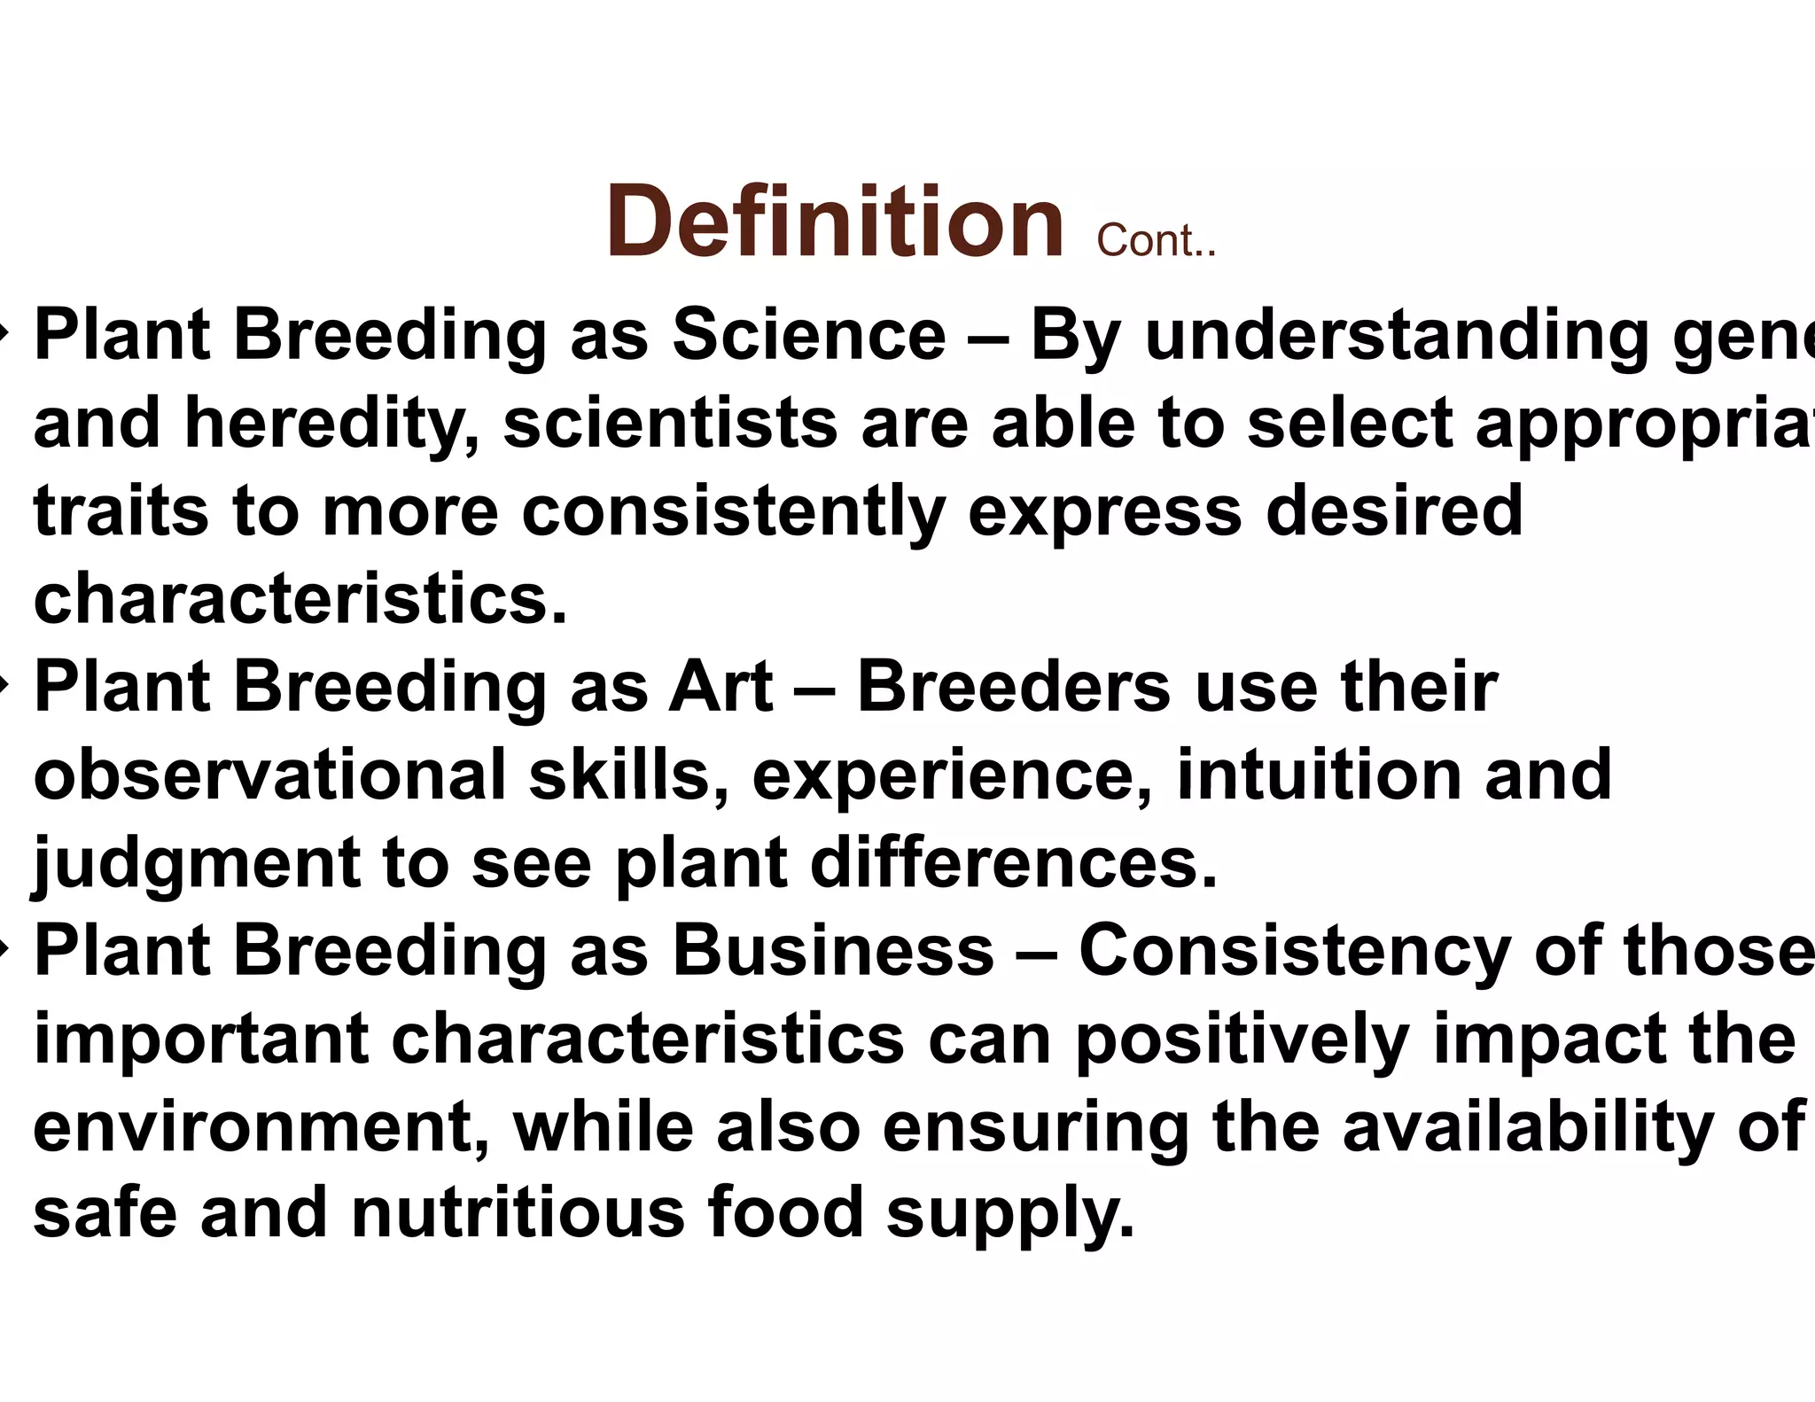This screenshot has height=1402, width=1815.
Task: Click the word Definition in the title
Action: pyautogui.click(x=834, y=222)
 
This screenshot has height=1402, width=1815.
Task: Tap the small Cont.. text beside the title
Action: pyautogui.click(x=1156, y=241)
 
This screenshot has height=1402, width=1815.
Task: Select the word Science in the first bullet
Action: pyautogui.click(x=808, y=336)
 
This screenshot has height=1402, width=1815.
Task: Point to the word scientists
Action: pyautogui.click(x=670, y=424)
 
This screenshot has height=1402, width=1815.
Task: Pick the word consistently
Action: pyautogui.click(x=733, y=513)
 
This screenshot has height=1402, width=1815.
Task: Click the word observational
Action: pyautogui.click(x=269, y=774)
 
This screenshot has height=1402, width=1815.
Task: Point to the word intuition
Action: pyautogui.click(x=1319, y=774)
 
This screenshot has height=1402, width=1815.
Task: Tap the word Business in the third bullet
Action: pyautogui.click(x=832, y=951)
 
